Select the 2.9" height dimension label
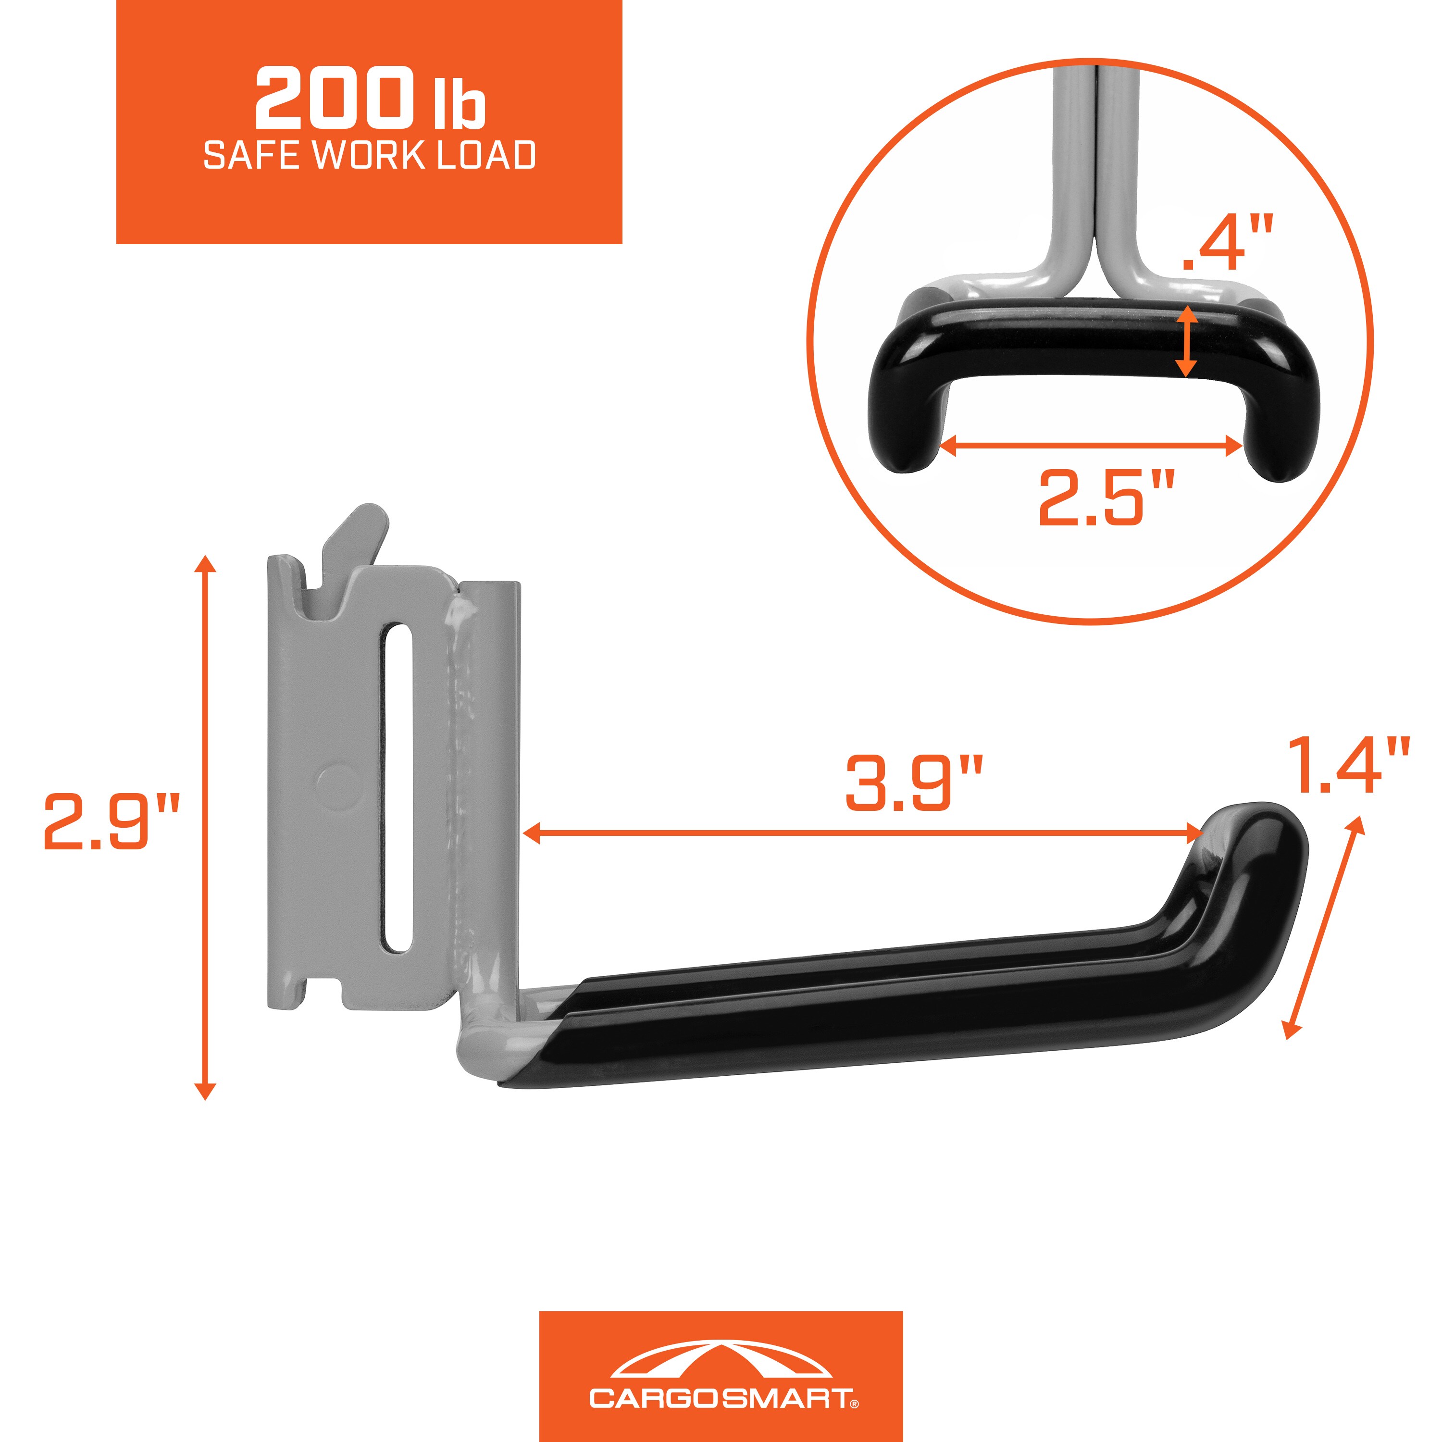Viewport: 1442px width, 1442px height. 112,822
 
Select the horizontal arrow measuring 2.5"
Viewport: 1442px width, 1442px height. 1091,447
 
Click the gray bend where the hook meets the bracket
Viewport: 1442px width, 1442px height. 478,1052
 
